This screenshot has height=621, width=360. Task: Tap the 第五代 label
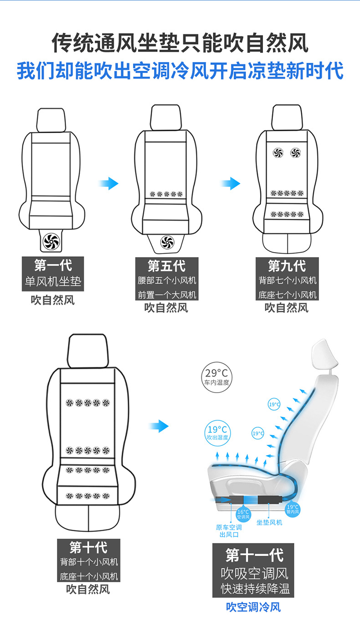coord(166,265)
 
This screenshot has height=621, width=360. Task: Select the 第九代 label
coord(287,265)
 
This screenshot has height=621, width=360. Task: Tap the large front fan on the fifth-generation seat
coord(167,242)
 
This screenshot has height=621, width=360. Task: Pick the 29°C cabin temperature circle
coord(216,377)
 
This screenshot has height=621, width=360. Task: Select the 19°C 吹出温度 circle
coord(217,432)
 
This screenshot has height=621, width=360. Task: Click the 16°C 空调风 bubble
coord(243,514)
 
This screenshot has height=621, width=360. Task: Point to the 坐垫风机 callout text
coord(269,522)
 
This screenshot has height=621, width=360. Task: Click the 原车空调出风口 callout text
coord(229,531)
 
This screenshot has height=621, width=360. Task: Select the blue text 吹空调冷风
coord(254,607)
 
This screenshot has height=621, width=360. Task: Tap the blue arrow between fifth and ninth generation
coord(231,184)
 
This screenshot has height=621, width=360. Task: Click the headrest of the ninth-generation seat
coord(287,117)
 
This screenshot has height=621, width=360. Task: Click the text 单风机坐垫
coord(53,282)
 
